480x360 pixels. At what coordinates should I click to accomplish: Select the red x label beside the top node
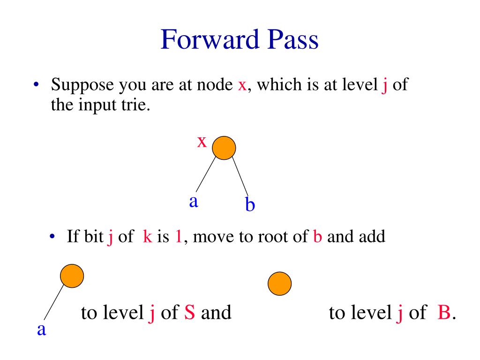(x=202, y=141)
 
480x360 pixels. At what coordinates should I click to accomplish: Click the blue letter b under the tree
(x=250, y=204)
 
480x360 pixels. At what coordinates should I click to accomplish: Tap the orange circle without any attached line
(x=279, y=284)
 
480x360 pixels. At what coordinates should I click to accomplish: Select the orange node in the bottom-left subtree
(x=72, y=276)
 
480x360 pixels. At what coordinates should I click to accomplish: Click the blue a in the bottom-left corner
(x=41, y=330)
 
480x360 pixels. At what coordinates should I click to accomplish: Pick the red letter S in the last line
(x=190, y=313)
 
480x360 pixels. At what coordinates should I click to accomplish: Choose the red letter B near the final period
(x=443, y=313)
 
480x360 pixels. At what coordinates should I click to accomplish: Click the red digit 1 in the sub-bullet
(x=178, y=237)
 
